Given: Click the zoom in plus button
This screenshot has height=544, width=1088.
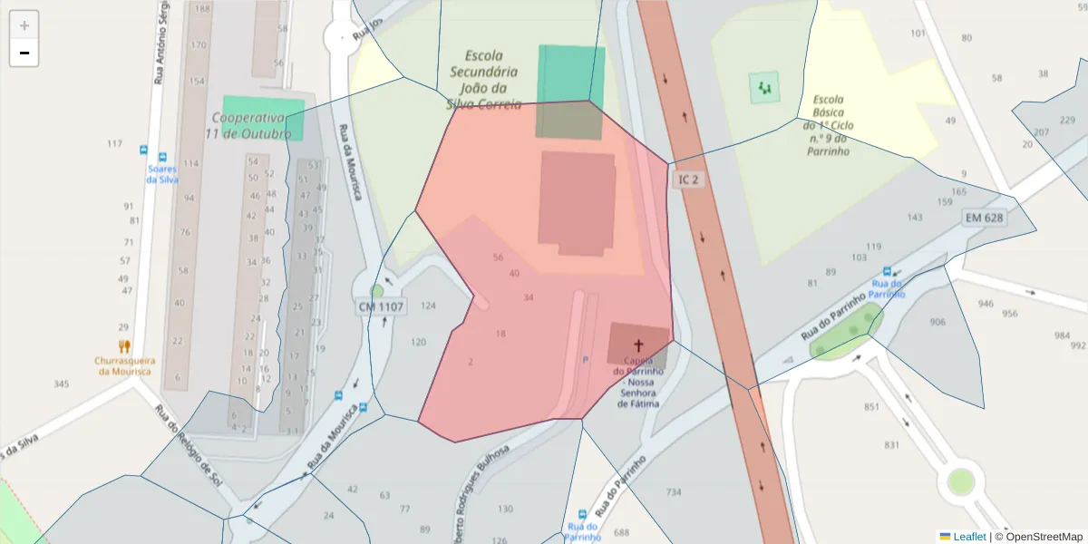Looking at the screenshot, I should click(24, 25).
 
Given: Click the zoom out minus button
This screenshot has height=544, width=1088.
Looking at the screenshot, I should click(24, 53).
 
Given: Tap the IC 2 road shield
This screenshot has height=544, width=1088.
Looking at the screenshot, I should click(688, 180).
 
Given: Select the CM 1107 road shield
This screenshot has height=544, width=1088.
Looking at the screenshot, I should click(381, 307).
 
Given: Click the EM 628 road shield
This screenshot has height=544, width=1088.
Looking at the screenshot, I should click(985, 218).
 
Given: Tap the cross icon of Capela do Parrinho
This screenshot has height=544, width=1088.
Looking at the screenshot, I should click(637, 345).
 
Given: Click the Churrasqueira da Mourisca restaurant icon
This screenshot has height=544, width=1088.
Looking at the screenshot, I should click(124, 345).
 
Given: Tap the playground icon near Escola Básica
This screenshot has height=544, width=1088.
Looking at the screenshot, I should click(763, 88).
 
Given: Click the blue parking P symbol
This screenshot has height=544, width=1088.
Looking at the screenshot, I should click(585, 360).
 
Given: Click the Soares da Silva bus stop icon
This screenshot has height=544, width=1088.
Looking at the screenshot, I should click(163, 157).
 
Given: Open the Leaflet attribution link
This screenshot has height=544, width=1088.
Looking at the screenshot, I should click(969, 537).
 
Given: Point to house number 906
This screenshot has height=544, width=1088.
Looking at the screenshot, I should click(937, 322).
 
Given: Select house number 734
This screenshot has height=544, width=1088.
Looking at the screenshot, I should click(673, 492).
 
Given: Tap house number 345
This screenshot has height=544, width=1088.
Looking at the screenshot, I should click(61, 384).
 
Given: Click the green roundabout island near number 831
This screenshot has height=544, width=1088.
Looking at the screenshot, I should click(960, 481).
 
